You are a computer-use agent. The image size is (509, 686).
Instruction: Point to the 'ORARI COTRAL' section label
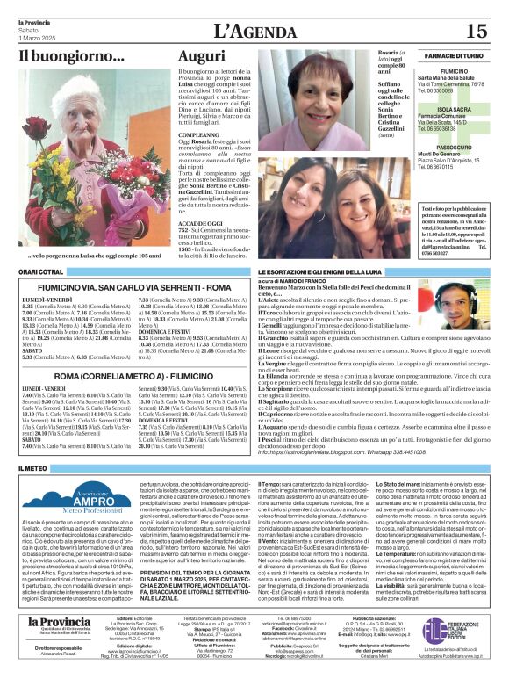pyautogui.click(x=42, y=272)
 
